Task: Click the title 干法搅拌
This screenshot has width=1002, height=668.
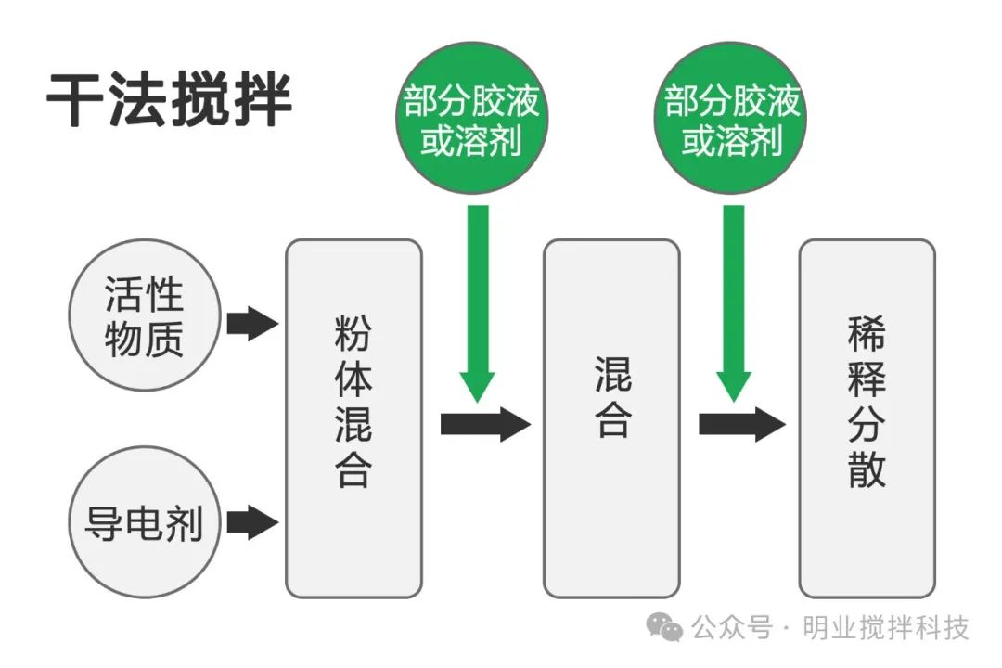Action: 170,99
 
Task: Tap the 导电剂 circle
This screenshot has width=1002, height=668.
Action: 144,523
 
